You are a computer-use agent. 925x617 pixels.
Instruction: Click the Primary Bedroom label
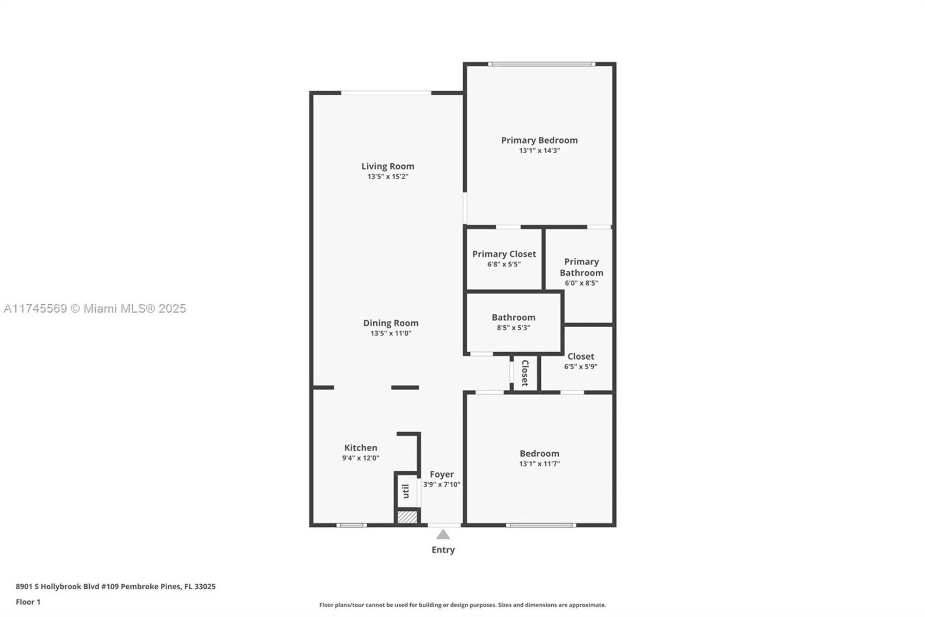[x=539, y=140]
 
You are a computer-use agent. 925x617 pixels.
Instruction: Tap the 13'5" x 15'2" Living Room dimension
[x=388, y=176]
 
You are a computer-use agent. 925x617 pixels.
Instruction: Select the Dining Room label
[x=390, y=323]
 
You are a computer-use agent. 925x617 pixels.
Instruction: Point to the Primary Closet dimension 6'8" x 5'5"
[x=504, y=264]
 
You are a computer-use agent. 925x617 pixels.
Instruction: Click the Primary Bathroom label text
[x=581, y=267]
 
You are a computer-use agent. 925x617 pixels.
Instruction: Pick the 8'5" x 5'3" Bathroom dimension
[x=513, y=328]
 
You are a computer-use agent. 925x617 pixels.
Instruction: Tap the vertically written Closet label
[x=525, y=373]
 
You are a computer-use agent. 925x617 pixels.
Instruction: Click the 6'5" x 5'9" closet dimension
[x=580, y=367]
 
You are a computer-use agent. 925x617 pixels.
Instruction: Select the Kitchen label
[x=360, y=448]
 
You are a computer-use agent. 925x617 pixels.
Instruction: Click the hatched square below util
[x=407, y=517]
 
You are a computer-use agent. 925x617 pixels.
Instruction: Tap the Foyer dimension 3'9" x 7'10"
[x=442, y=485]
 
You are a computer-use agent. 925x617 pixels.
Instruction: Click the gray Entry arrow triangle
[x=443, y=535]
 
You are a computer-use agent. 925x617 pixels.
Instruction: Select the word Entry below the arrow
[x=443, y=550]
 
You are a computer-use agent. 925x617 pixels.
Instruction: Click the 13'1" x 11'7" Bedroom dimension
[x=539, y=464]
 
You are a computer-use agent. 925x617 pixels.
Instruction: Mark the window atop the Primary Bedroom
[x=541, y=64]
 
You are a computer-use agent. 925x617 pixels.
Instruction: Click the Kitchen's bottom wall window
[x=351, y=525]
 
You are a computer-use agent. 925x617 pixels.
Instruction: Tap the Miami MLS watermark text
[x=95, y=309]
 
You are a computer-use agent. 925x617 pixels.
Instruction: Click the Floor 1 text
[x=28, y=602]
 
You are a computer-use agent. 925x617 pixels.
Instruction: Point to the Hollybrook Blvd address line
[x=116, y=586]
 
